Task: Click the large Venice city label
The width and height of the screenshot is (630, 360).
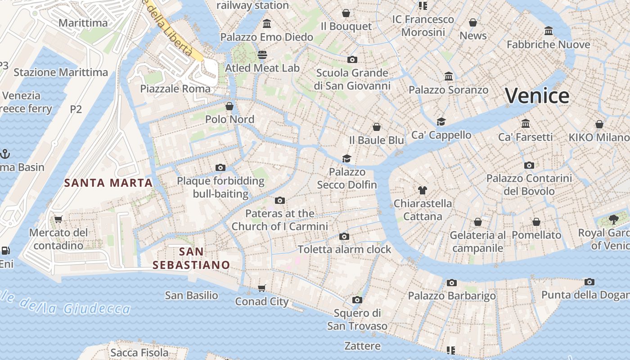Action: coord(537,96)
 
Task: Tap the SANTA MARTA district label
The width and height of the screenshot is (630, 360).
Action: coord(108,183)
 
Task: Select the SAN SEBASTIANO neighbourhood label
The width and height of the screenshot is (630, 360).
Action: coord(191,258)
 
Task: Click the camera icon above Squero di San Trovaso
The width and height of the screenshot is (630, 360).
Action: coord(357,300)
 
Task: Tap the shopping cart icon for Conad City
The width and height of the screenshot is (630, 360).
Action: coord(262,288)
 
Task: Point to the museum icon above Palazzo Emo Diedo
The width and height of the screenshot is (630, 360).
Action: coord(267,23)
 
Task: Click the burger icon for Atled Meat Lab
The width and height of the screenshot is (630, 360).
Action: coord(262,55)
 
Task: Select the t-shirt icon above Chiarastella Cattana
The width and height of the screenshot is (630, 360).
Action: coord(422,190)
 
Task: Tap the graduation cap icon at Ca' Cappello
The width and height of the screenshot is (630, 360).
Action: coord(441,121)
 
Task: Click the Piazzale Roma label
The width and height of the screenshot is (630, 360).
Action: coord(175,89)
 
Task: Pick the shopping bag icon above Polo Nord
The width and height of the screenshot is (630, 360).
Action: coord(229,106)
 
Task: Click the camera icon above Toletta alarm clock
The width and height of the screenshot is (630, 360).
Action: coord(344,236)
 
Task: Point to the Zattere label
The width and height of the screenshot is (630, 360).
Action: coord(362,346)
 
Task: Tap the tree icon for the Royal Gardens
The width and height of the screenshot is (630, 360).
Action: coord(613,219)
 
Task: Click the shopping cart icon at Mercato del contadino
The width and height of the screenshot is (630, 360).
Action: coord(58,220)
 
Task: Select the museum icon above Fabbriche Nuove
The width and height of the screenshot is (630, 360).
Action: coord(548,31)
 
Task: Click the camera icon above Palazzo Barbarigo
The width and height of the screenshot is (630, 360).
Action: coord(452,283)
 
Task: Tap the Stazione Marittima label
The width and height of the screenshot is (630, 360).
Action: coord(61,72)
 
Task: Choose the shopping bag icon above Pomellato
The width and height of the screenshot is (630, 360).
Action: coord(536,222)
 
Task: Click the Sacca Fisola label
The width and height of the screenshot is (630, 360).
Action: coord(139,353)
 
